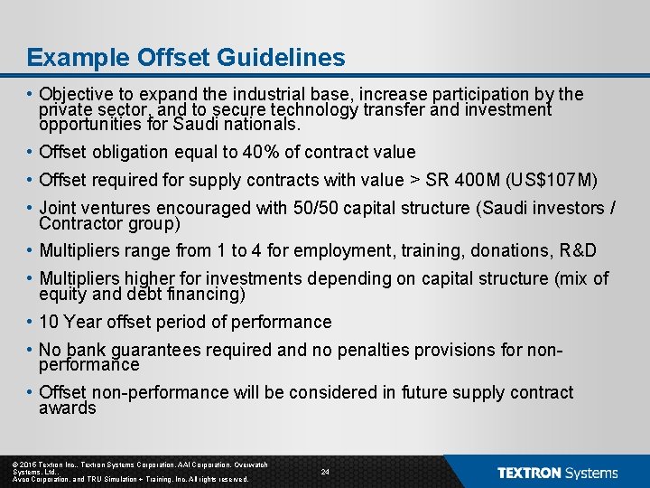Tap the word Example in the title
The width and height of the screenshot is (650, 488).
pyautogui.click(x=79, y=58)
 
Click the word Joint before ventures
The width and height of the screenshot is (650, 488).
pyautogui.click(x=59, y=208)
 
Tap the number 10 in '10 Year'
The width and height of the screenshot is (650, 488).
pyautogui.click(x=49, y=322)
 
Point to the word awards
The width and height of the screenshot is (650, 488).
pyautogui.click(x=68, y=408)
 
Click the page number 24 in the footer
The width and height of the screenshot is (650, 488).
pyautogui.click(x=325, y=472)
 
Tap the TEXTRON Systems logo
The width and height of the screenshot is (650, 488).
pyautogui.click(x=557, y=473)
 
